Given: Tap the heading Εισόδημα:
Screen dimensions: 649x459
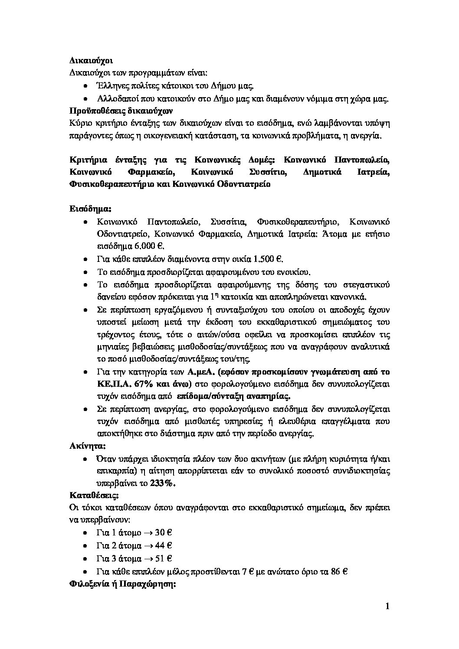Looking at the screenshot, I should point(91,209).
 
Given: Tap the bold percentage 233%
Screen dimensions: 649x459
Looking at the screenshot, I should point(164,483).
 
